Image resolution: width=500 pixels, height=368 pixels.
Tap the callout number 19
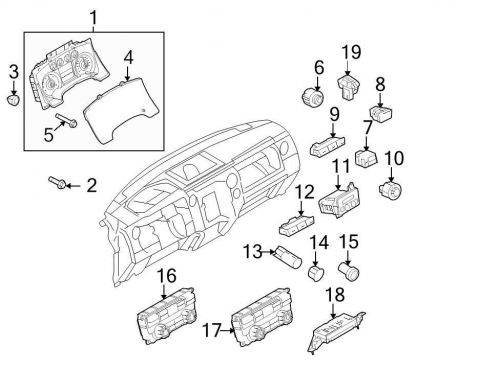pos(349,51)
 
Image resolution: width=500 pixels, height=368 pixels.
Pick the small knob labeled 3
pos(12,100)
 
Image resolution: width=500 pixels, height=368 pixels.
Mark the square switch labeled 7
pos(367,158)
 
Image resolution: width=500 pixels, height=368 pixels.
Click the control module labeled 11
pos(339,203)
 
